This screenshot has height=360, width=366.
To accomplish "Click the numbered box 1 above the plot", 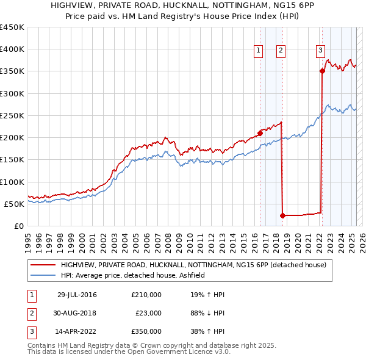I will [259, 51].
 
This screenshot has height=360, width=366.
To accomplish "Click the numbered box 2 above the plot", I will [281, 51].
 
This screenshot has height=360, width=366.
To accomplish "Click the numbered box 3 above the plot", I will [320, 51].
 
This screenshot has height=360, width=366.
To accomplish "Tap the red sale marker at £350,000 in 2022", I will [322, 71].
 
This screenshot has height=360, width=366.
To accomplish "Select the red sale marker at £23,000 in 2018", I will [283, 215].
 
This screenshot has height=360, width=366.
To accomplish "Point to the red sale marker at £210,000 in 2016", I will [260, 132].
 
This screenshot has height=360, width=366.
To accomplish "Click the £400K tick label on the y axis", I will [12, 49].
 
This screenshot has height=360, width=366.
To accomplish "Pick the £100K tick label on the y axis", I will [12, 182].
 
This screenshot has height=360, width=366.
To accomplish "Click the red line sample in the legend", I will [42, 265].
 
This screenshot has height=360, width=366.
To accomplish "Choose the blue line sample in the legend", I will [42, 275].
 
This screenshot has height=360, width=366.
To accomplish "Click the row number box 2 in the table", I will [30, 313].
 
